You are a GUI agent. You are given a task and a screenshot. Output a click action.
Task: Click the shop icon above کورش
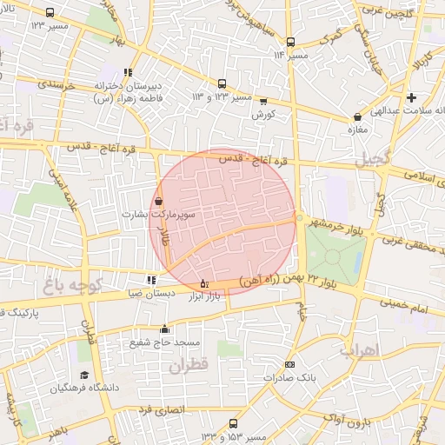[x=263, y=101]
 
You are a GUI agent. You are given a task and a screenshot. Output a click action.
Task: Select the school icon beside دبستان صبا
[x=151, y=280]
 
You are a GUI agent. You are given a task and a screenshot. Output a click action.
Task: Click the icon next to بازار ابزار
[x=204, y=283]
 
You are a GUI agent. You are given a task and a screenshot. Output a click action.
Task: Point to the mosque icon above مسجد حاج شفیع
[x=164, y=329]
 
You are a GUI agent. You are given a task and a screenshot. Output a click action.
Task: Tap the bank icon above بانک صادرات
[x=289, y=365]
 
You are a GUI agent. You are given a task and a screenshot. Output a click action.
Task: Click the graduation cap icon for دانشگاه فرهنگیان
[x=85, y=374]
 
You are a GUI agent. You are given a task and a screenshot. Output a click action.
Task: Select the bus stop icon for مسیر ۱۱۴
[x=290, y=42]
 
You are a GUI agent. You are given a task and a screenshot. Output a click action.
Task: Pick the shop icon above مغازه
[x=357, y=116]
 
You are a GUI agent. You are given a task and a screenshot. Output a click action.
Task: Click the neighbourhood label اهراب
[x=357, y=350]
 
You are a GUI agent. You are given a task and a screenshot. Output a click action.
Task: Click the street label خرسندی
[x=59, y=85]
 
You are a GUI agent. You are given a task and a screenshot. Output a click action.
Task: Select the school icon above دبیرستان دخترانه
[x=129, y=73]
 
